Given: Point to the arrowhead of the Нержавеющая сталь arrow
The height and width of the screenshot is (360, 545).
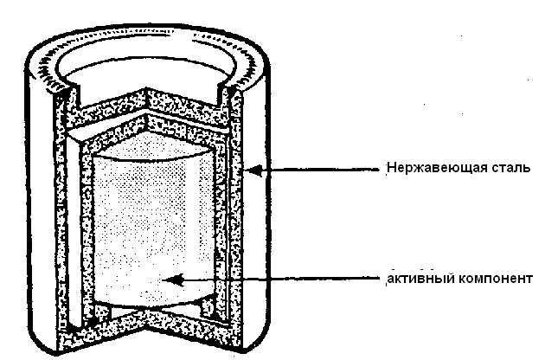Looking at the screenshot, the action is [250, 171].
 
